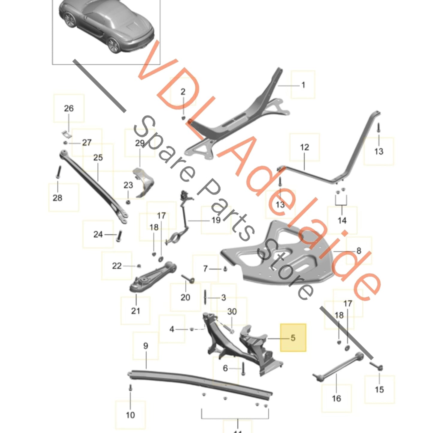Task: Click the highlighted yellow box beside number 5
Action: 293,337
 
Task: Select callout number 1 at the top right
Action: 303,85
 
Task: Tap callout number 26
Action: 69,108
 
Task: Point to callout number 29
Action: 140,143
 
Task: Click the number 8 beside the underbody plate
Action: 359,251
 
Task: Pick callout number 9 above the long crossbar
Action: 146,346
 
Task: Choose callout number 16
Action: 336,398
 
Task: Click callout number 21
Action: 135,310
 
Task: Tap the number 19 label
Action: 216,220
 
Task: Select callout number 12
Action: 304,147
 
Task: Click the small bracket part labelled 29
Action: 144,183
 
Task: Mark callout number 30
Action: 232,312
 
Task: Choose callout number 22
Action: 117,266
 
